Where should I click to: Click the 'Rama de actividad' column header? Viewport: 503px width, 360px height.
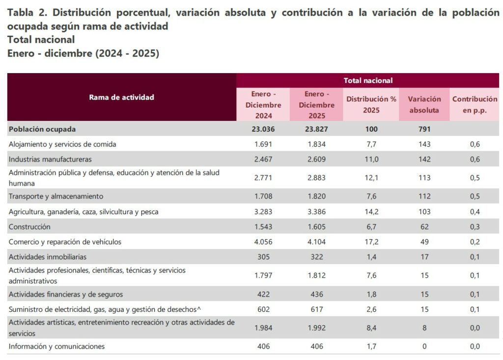click(121, 97)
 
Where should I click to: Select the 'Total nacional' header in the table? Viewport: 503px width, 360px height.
click(368, 81)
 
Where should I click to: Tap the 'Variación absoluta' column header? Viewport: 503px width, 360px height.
click(424, 105)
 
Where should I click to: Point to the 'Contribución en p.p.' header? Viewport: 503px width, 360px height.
click(475, 105)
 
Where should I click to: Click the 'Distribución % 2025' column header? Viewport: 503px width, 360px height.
click(371, 105)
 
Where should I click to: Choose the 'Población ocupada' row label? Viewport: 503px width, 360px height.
click(42, 129)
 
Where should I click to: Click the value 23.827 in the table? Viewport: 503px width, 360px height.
click(316, 129)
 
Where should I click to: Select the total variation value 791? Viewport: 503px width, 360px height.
click(424, 129)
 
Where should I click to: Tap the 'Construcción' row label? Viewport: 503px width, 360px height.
click(29, 227)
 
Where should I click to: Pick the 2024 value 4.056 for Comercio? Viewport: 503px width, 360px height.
click(263, 242)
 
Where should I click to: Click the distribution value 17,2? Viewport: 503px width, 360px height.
click(371, 242)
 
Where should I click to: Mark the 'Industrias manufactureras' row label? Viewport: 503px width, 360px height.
click(50, 159)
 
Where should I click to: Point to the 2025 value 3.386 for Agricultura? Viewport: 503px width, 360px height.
click(316, 212)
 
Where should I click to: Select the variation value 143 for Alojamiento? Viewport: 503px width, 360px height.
click(424, 144)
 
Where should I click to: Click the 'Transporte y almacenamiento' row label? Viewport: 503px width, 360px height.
click(56, 196)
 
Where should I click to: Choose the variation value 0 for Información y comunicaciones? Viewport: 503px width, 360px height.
click(424, 347)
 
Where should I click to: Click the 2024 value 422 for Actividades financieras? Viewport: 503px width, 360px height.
click(263, 294)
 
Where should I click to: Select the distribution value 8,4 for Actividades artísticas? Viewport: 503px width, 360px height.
click(371, 328)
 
